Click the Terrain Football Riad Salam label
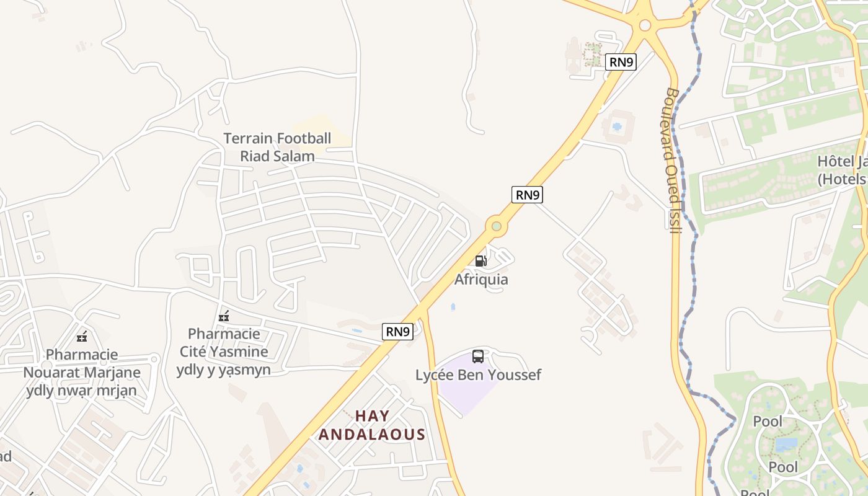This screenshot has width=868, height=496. click(277, 147)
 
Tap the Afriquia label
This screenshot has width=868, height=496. click(481, 279)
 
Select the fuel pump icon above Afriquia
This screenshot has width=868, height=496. click(480, 261)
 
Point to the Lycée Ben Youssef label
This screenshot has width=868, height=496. click(478, 374)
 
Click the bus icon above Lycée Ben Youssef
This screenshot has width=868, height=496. click(478, 356)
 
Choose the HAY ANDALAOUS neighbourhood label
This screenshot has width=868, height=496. click(372, 425)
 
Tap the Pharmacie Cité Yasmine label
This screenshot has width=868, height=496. click(224, 352)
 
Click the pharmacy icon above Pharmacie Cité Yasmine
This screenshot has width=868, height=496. click(224, 316)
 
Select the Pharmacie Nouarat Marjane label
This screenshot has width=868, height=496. click(82, 372)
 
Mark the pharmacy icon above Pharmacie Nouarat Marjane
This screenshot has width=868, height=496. click(82, 337)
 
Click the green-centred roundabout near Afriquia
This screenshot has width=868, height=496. click(496, 226)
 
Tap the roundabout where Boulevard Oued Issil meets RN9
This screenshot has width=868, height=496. click(645, 25)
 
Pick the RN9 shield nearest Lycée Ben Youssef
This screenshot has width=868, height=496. click(397, 332)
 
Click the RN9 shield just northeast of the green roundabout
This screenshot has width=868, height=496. click(527, 194)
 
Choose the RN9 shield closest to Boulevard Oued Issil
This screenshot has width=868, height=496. click(621, 61)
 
